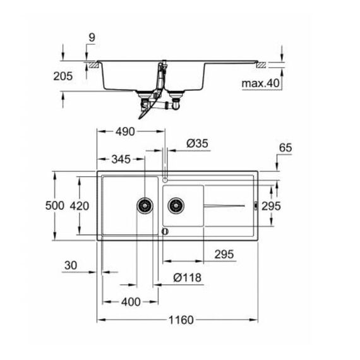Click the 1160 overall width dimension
tap(181, 320)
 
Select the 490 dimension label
tap(125, 131)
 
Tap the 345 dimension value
tap(121, 159)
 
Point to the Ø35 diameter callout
tap(197, 143)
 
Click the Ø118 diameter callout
tap(188, 277)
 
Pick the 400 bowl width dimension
tap(131, 302)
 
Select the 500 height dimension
tap(55, 205)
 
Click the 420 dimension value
tap(80, 206)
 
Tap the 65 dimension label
tap(285, 148)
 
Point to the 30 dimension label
tap(71, 265)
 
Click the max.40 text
tap(261, 83)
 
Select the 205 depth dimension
tap(63, 76)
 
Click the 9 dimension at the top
tap(92, 37)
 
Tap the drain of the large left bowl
tap(145, 205)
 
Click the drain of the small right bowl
tap(176, 205)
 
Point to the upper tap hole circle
tap(165, 179)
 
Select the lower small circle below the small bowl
tap(165, 231)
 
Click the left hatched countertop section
tap(93, 65)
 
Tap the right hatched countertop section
tap(261, 65)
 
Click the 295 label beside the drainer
tap(271, 206)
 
